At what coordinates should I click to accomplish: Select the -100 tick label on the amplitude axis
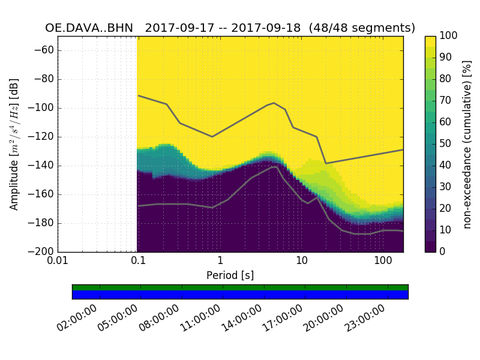(x=40, y=108)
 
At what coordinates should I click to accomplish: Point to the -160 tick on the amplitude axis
(x=40, y=194)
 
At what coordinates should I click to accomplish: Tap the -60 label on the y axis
(x=43, y=50)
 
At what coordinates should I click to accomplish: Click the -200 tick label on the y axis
(x=40, y=252)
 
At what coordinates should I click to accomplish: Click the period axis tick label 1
(x=220, y=261)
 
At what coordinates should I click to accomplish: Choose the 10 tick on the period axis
(x=302, y=261)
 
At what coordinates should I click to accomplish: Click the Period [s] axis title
(x=230, y=275)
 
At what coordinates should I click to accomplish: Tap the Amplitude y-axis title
(x=14, y=144)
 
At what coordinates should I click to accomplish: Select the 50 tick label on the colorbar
(x=447, y=144)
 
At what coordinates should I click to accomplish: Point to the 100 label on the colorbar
(x=449, y=36)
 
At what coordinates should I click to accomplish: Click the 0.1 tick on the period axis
(x=138, y=261)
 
